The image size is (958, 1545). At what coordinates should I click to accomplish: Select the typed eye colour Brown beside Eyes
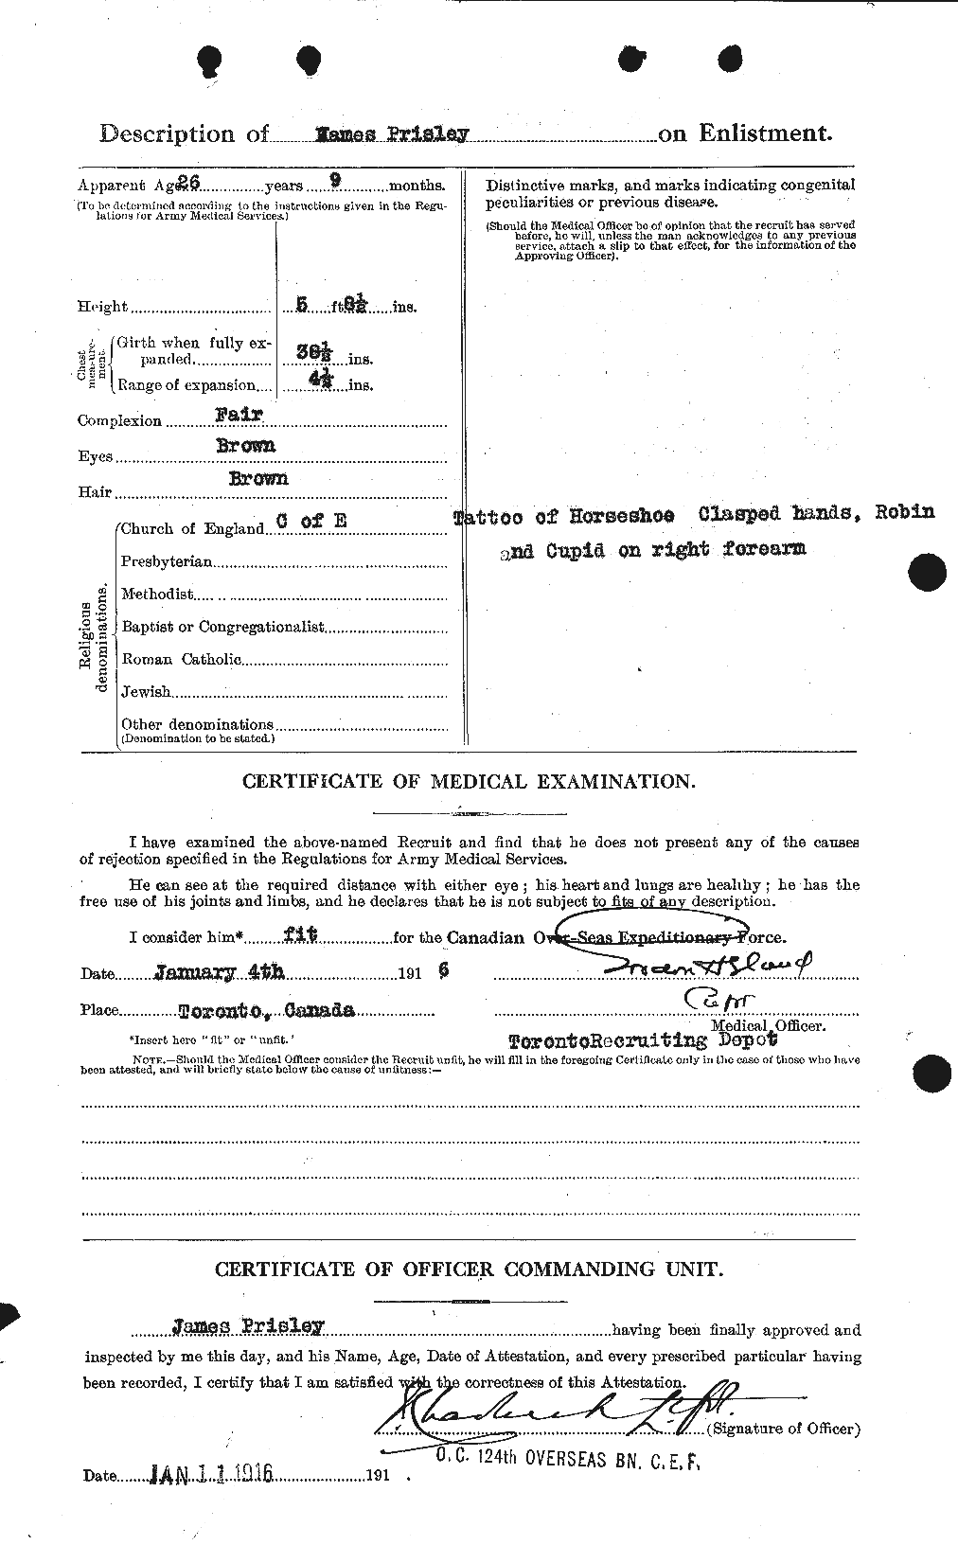[x=252, y=446]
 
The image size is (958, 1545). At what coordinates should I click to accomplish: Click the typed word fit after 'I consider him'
[x=300, y=935]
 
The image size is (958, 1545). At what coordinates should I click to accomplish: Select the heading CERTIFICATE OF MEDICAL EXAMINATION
[x=469, y=782]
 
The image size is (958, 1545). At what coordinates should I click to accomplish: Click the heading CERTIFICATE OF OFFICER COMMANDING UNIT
[x=469, y=1270]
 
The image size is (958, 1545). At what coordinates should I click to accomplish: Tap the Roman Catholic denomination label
[x=181, y=659]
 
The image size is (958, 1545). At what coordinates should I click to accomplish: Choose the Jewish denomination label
[x=146, y=692]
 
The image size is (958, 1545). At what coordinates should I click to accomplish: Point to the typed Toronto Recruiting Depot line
[x=643, y=1040]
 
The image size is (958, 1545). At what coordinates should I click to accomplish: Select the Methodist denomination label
[x=157, y=594]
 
